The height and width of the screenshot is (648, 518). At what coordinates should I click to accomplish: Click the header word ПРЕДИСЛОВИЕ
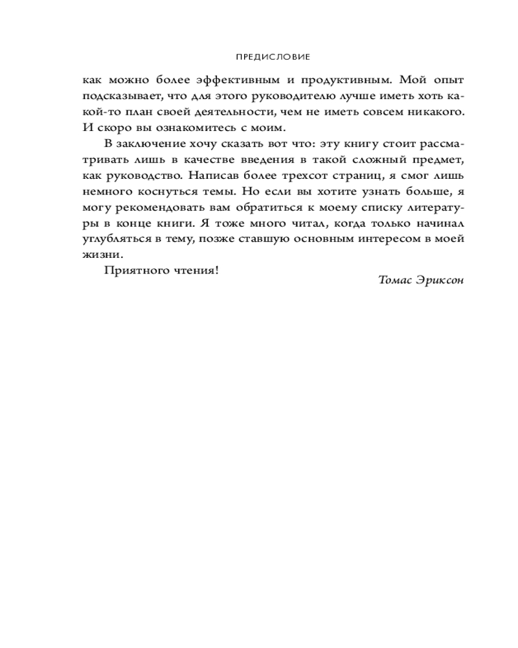coord(273,56)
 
